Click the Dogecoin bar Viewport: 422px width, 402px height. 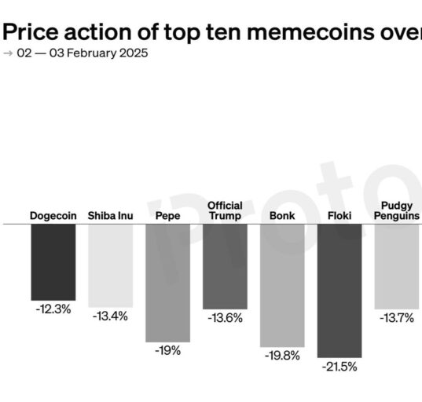pyautogui.click(x=53, y=262)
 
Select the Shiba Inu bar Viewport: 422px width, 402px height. pyautogui.click(x=111, y=265)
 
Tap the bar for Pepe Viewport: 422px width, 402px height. pyautogui.click(x=168, y=283)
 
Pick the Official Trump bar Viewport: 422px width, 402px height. pyautogui.click(x=225, y=267)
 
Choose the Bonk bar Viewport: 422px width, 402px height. pyautogui.click(x=282, y=286)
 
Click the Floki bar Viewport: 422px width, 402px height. pyautogui.click(x=339, y=291)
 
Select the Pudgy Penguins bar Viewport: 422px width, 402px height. pyautogui.click(x=397, y=267)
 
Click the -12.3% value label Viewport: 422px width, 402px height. pyautogui.click(x=53, y=309)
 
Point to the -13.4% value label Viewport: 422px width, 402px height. pyautogui.click(x=110, y=316)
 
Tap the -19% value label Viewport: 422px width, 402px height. pyautogui.click(x=168, y=351)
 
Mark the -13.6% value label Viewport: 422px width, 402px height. pyautogui.click(x=225, y=318)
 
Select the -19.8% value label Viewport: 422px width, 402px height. pyautogui.click(x=282, y=356)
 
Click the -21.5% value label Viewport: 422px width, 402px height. pyautogui.click(x=339, y=367)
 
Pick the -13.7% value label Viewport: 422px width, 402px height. pyautogui.click(x=397, y=318)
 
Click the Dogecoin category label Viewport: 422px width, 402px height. pyautogui.click(x=53, y=216)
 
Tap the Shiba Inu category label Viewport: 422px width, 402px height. pyautogui.click(x=110, y=216)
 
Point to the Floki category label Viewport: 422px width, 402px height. pyautogui.click(x=339, y=216)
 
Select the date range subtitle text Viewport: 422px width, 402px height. pyautogui.click(x=83, y=53)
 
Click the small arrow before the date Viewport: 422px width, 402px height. pyautogui.click(x=8, y=53)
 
